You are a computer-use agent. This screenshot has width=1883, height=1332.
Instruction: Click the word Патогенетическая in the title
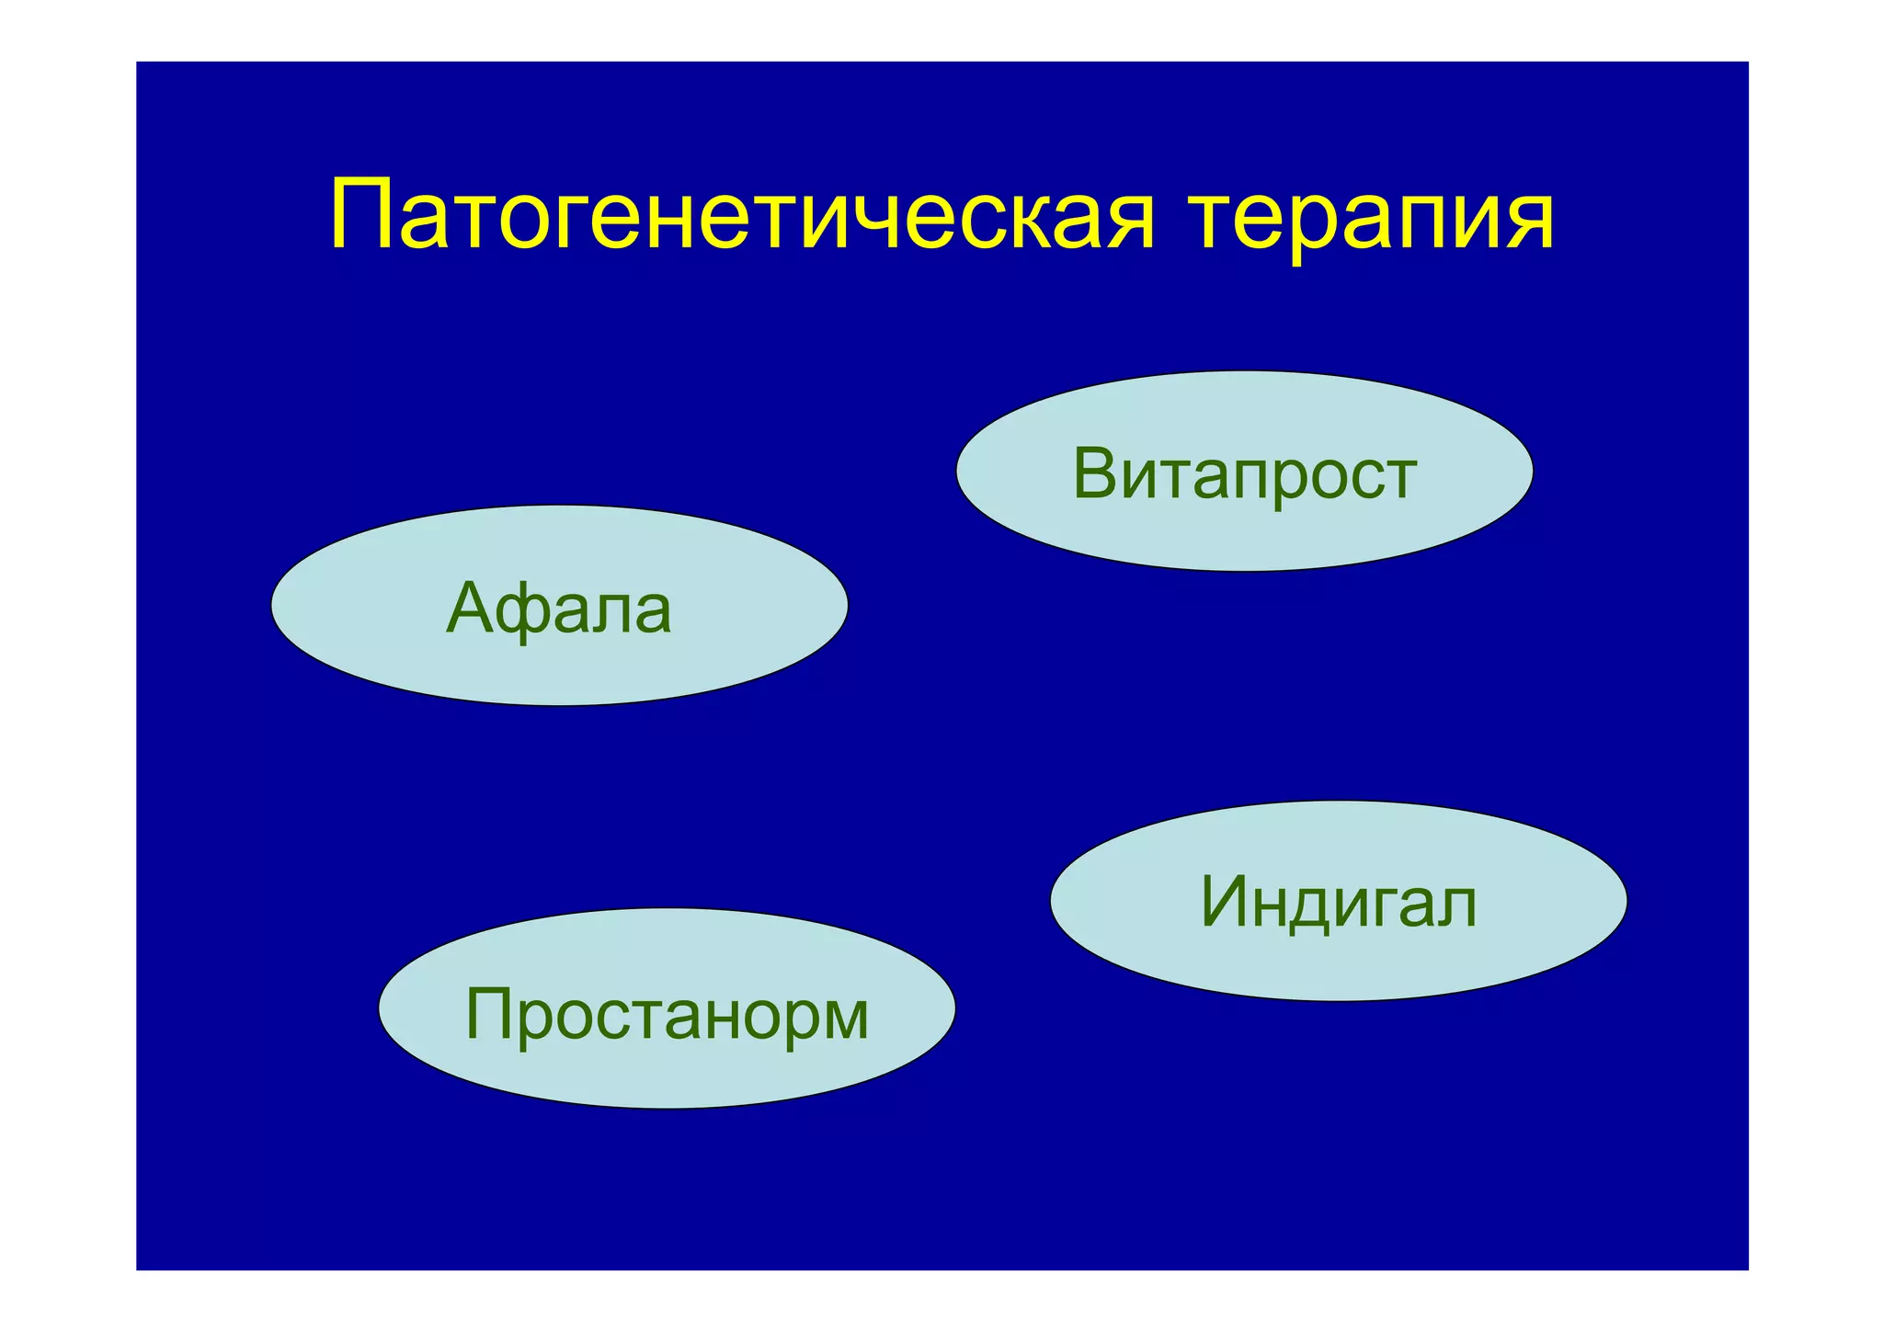click(x=741, y=218)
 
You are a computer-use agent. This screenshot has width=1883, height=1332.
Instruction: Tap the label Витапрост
click(x=1244, y=474)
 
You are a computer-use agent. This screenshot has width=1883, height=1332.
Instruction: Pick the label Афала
click(x=559, y=609)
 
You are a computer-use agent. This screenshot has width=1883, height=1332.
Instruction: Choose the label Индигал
click(x=1338, y=903)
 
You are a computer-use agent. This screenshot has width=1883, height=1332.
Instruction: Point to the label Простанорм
click(x=667, y=1015)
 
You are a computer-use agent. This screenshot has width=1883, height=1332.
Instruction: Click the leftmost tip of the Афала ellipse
click(x=272, y=605)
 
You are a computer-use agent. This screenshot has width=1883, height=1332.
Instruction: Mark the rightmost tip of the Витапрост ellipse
click(x=1533, y=471)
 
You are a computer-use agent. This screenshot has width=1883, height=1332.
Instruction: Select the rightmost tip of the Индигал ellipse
click(x=1626, y=901)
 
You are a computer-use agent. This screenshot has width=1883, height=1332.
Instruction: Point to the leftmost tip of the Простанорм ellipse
click(x=380, y=1008)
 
